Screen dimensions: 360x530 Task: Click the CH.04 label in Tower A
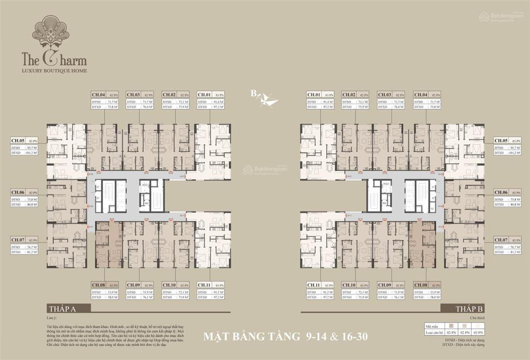99,95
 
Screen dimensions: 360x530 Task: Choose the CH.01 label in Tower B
314,95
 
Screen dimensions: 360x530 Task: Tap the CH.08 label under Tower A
99,285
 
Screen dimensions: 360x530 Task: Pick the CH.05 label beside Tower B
501,140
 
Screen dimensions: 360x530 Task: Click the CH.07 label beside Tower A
18,240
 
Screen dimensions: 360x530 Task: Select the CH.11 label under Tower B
314,285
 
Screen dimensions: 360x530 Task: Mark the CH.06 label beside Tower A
18,192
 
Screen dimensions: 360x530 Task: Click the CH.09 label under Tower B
384,285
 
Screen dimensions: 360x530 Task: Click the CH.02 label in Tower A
169,95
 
